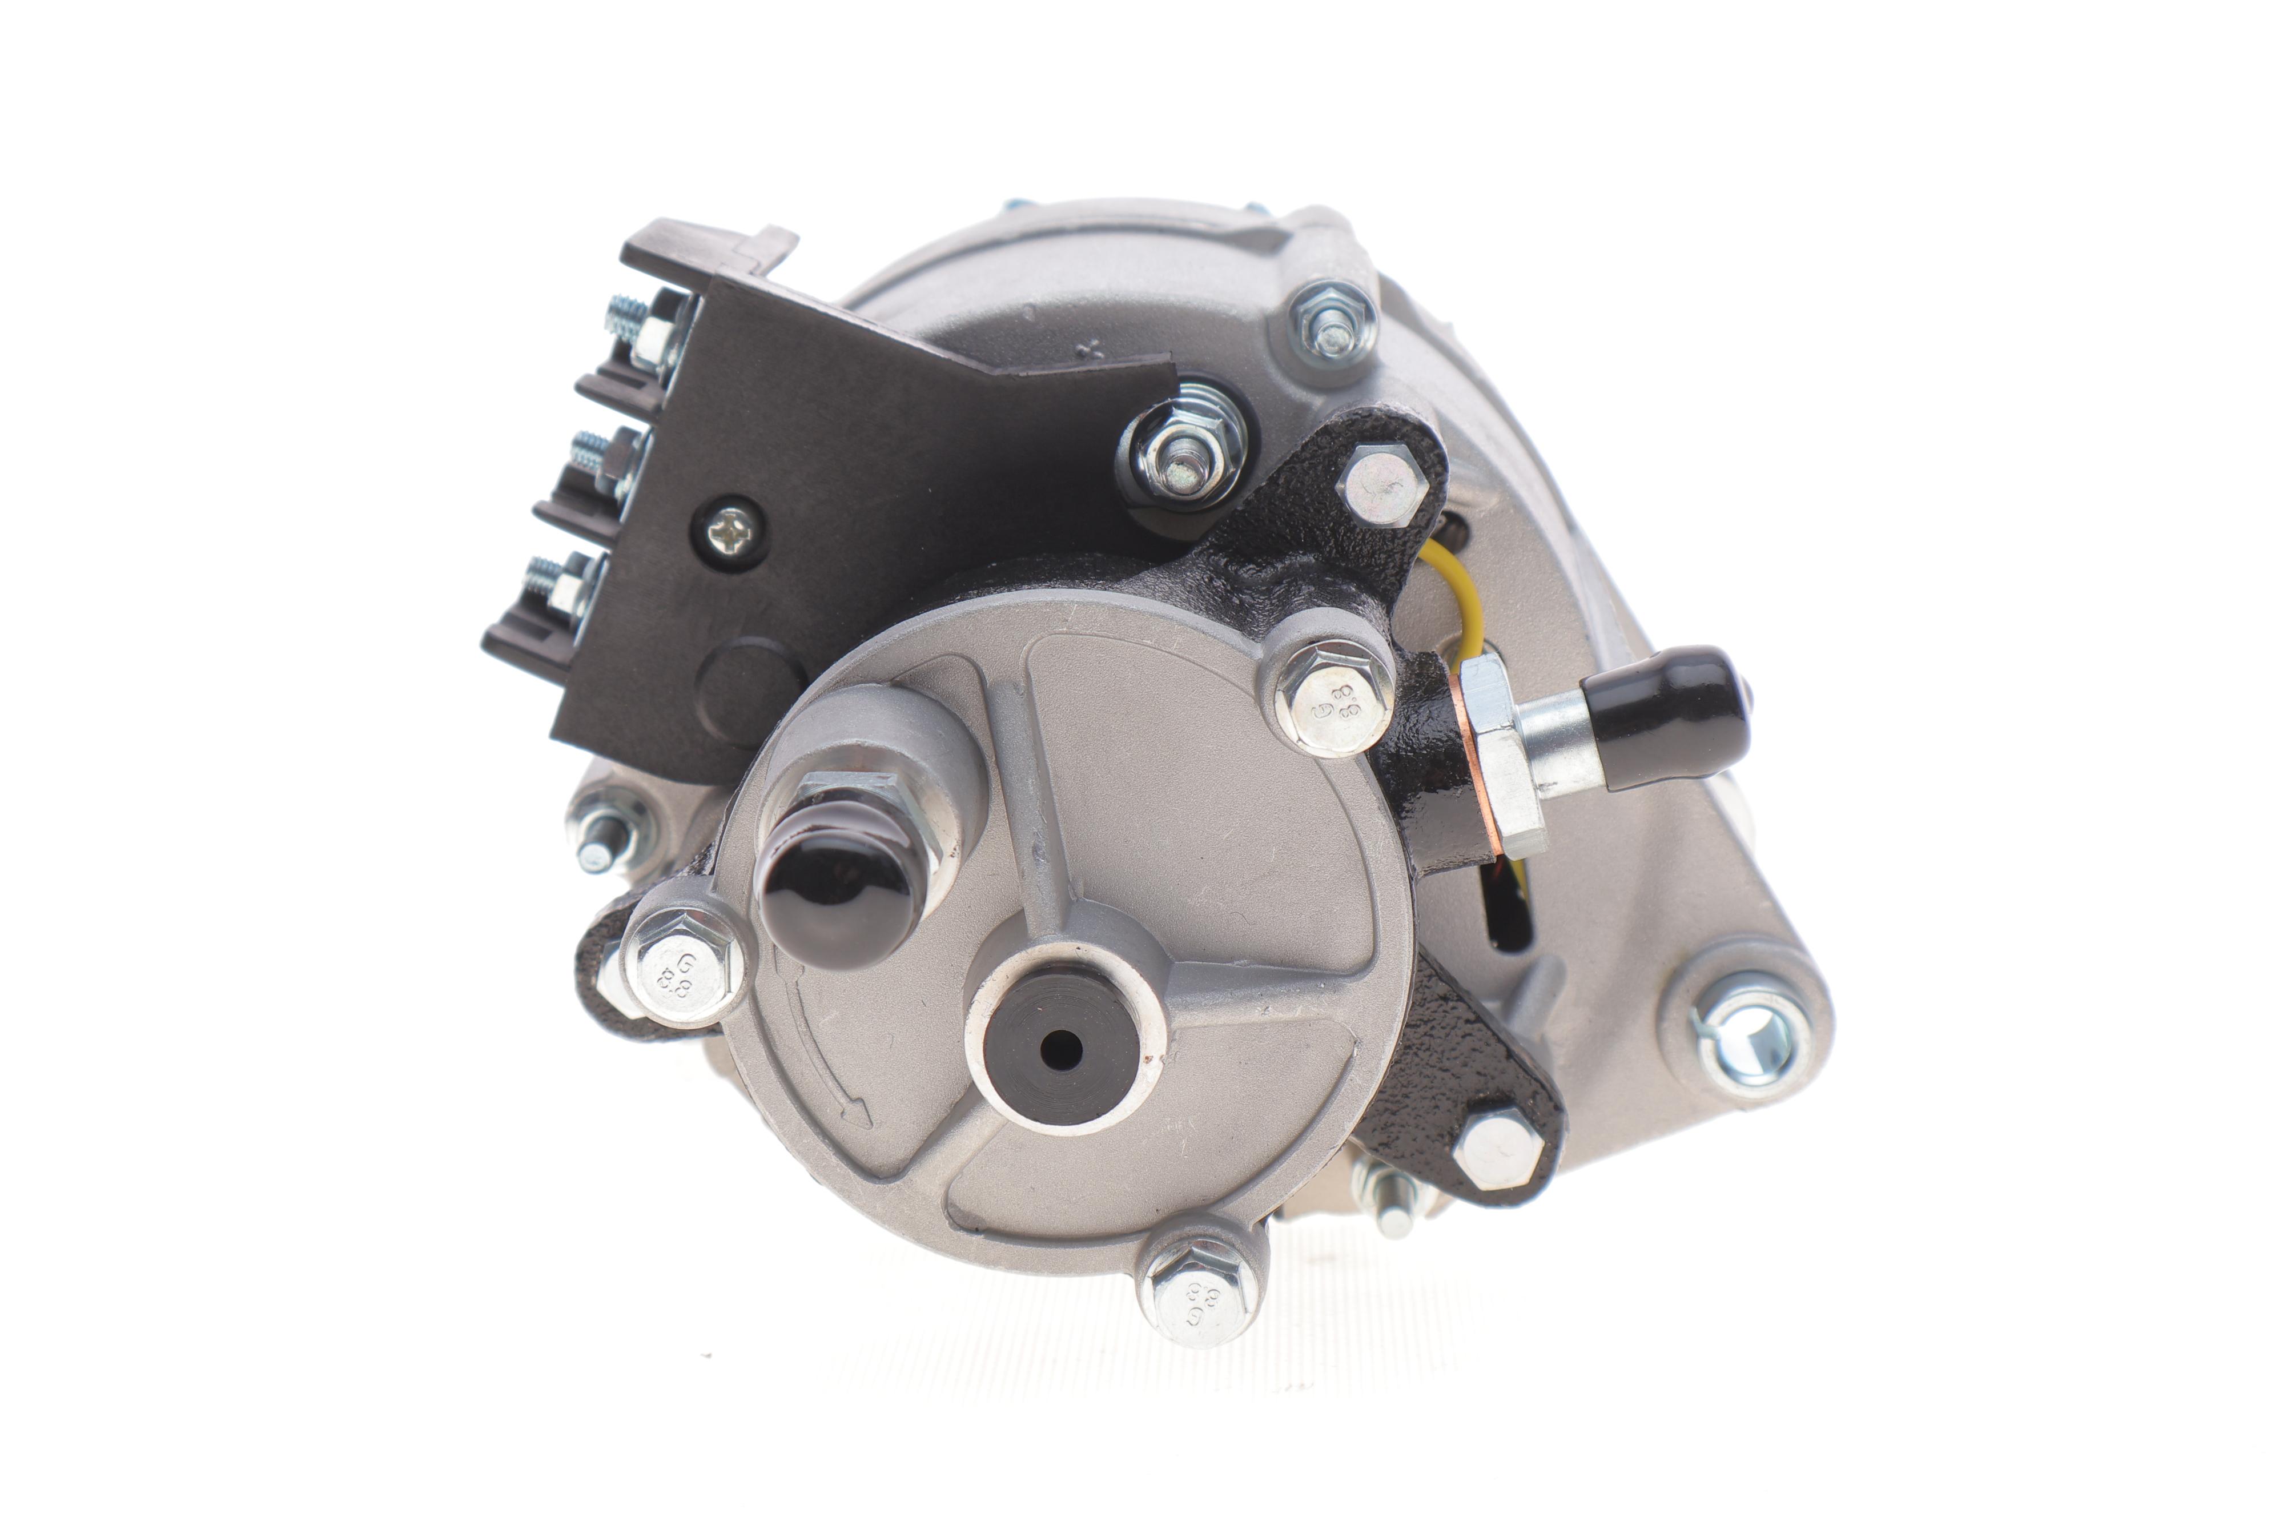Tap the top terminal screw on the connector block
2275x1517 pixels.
pyautogui.click(x=640, y=325)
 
